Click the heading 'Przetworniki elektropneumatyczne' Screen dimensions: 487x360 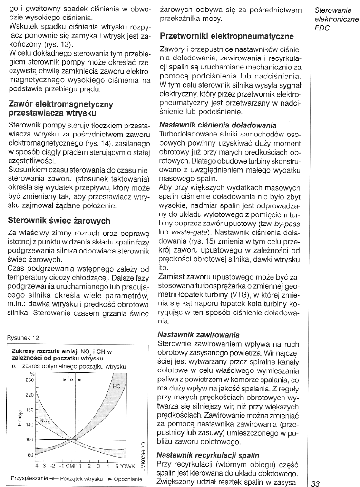click(x=227, y=36)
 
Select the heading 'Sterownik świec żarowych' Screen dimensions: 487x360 click(x=59, y=221)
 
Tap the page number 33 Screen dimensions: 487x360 click(x=316, y=483)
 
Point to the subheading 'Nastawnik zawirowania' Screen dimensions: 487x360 click(x=198, y=335)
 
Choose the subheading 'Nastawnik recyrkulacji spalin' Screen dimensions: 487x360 click(x=208, y=454)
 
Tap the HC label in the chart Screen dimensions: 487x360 click(x=116, y=386)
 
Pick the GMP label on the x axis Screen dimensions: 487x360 click(x=71, y=466)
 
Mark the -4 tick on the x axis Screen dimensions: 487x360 click(x=35, y=466)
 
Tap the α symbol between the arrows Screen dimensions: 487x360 click(x=71, y=380)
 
